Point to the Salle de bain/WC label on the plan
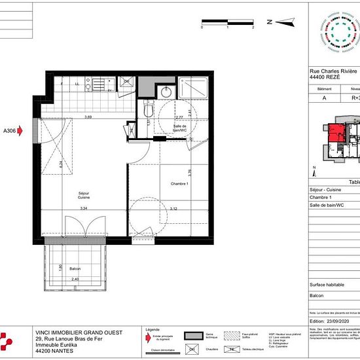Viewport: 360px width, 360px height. (x=182, y=128)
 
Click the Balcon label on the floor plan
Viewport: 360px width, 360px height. (x=75, y=269)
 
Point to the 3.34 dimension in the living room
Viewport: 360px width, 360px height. (x=83, y=208)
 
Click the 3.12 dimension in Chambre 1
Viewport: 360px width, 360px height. (x=172, y=208)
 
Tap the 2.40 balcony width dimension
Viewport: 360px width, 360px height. (x=75, y=280)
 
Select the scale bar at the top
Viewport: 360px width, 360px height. (x=227, y=23)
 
